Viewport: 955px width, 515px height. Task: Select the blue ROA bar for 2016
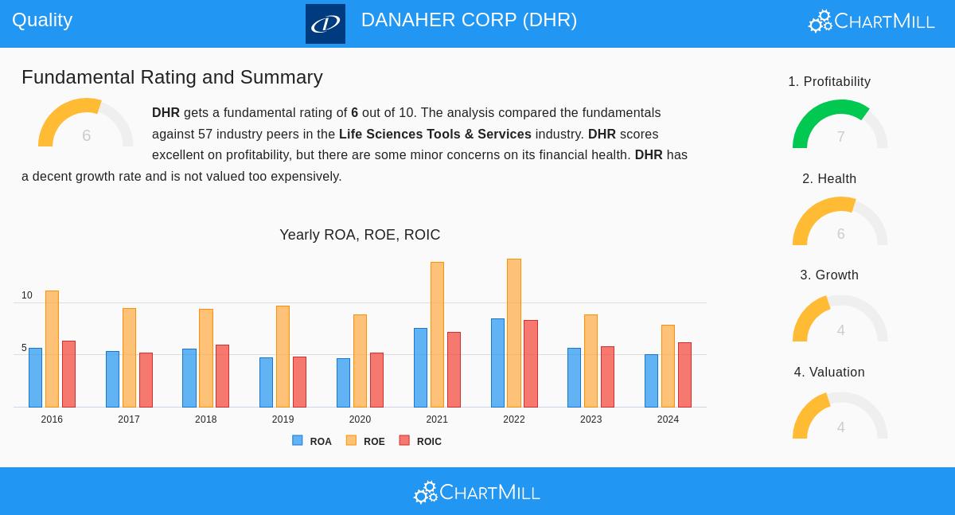pyautogui.click(x=35, y=377)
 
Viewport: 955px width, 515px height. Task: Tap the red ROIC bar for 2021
pyautogui.click(x=454, y=369)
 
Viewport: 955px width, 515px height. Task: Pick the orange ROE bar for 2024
pyautogui.click(x=668, y=366)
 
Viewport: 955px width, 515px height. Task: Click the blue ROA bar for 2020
pyautogui.click(x=343, y=383)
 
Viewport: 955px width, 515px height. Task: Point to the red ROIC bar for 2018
pyautogui.click(x=222, y=376)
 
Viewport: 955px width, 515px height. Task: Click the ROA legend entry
pyautogui.click(x=312, y=441)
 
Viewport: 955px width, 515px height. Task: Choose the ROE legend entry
pyautogui.click(x=365, y=441)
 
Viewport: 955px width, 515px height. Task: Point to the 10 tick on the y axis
pyautogui.click(x=27, y=295)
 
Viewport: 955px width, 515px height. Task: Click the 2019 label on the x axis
pyautogui.click(x=283, y=419)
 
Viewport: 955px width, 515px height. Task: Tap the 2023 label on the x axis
pyautogui.click(x=591, y=419)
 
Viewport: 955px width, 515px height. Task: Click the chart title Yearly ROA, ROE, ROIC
pyautogui.click(x=360, y=235)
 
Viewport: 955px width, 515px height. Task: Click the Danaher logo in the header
pyautogui.click(x=325, y=24)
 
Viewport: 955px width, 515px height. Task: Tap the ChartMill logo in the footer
pyautogui.click(x=477, y=492)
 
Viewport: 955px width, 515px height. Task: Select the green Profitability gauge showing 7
pyautogui.click(x=840, y=125)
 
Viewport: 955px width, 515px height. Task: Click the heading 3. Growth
pyautogui.click(x=829, y=275)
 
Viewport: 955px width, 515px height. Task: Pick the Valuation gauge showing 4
pyautogui.click(x=840, y=416)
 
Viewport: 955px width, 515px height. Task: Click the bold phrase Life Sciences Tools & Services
pyautogui.click(x=435, y=135)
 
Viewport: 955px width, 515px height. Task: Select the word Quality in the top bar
pyautogui.click(x=42, y=20)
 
